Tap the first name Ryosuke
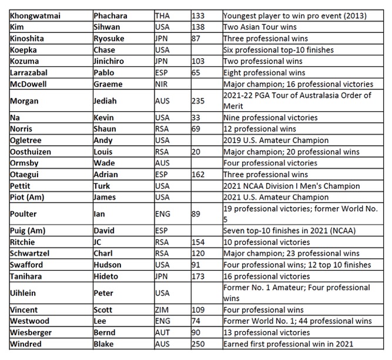click(110, 38)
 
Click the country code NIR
click(162, 84)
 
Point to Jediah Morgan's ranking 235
click(199, 101)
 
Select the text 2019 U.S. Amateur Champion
click(276, 141)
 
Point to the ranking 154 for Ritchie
click(199, 242)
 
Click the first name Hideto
click(108, 276)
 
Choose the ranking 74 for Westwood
click(197, 321)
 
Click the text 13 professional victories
click(267, 332)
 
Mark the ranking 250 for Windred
click(199, 344)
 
